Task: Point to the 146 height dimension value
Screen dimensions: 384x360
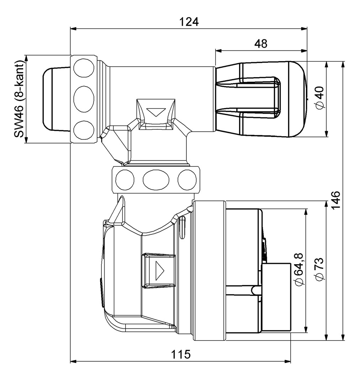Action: [x=336, y=201]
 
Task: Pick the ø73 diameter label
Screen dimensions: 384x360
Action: [x=319, y=269]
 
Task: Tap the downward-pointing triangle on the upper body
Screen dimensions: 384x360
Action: [x=156, y=113]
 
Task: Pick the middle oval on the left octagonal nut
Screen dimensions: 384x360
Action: [x=84, y=98]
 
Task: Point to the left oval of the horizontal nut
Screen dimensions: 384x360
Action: [x=125, y=179]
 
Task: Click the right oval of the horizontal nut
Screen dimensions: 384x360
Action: [x=187, y=179]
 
